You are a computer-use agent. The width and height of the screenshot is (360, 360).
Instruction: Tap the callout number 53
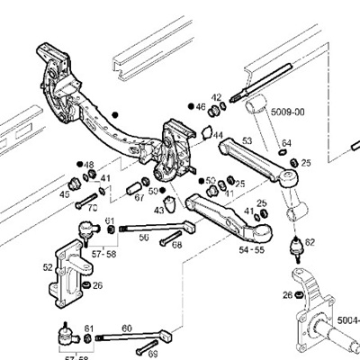click(246, 141)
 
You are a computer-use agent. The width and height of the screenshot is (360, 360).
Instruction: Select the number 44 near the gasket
click(218, 135)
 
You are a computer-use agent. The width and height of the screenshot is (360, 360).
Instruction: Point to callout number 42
click(216, 97)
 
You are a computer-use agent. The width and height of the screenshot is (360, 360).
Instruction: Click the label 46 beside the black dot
click(201, 106)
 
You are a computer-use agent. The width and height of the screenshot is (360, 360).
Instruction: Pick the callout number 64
click(286, 142)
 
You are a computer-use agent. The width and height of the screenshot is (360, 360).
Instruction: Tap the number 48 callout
click(88, 165)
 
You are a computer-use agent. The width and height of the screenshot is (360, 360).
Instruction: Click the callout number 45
click(65, 193)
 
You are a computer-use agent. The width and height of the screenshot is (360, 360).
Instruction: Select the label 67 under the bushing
click(139, 198)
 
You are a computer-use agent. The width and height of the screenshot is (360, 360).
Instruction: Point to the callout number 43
click(159, 210)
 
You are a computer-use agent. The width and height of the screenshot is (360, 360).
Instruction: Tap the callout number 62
click(310, 242)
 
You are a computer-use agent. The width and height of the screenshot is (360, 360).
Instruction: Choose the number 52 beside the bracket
click(48, 266)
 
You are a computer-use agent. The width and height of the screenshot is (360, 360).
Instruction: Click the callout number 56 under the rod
click(143, 238)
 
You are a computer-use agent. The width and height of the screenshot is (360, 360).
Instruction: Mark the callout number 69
click(140, 355)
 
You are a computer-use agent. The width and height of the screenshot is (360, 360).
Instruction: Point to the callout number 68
click(176, 244)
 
